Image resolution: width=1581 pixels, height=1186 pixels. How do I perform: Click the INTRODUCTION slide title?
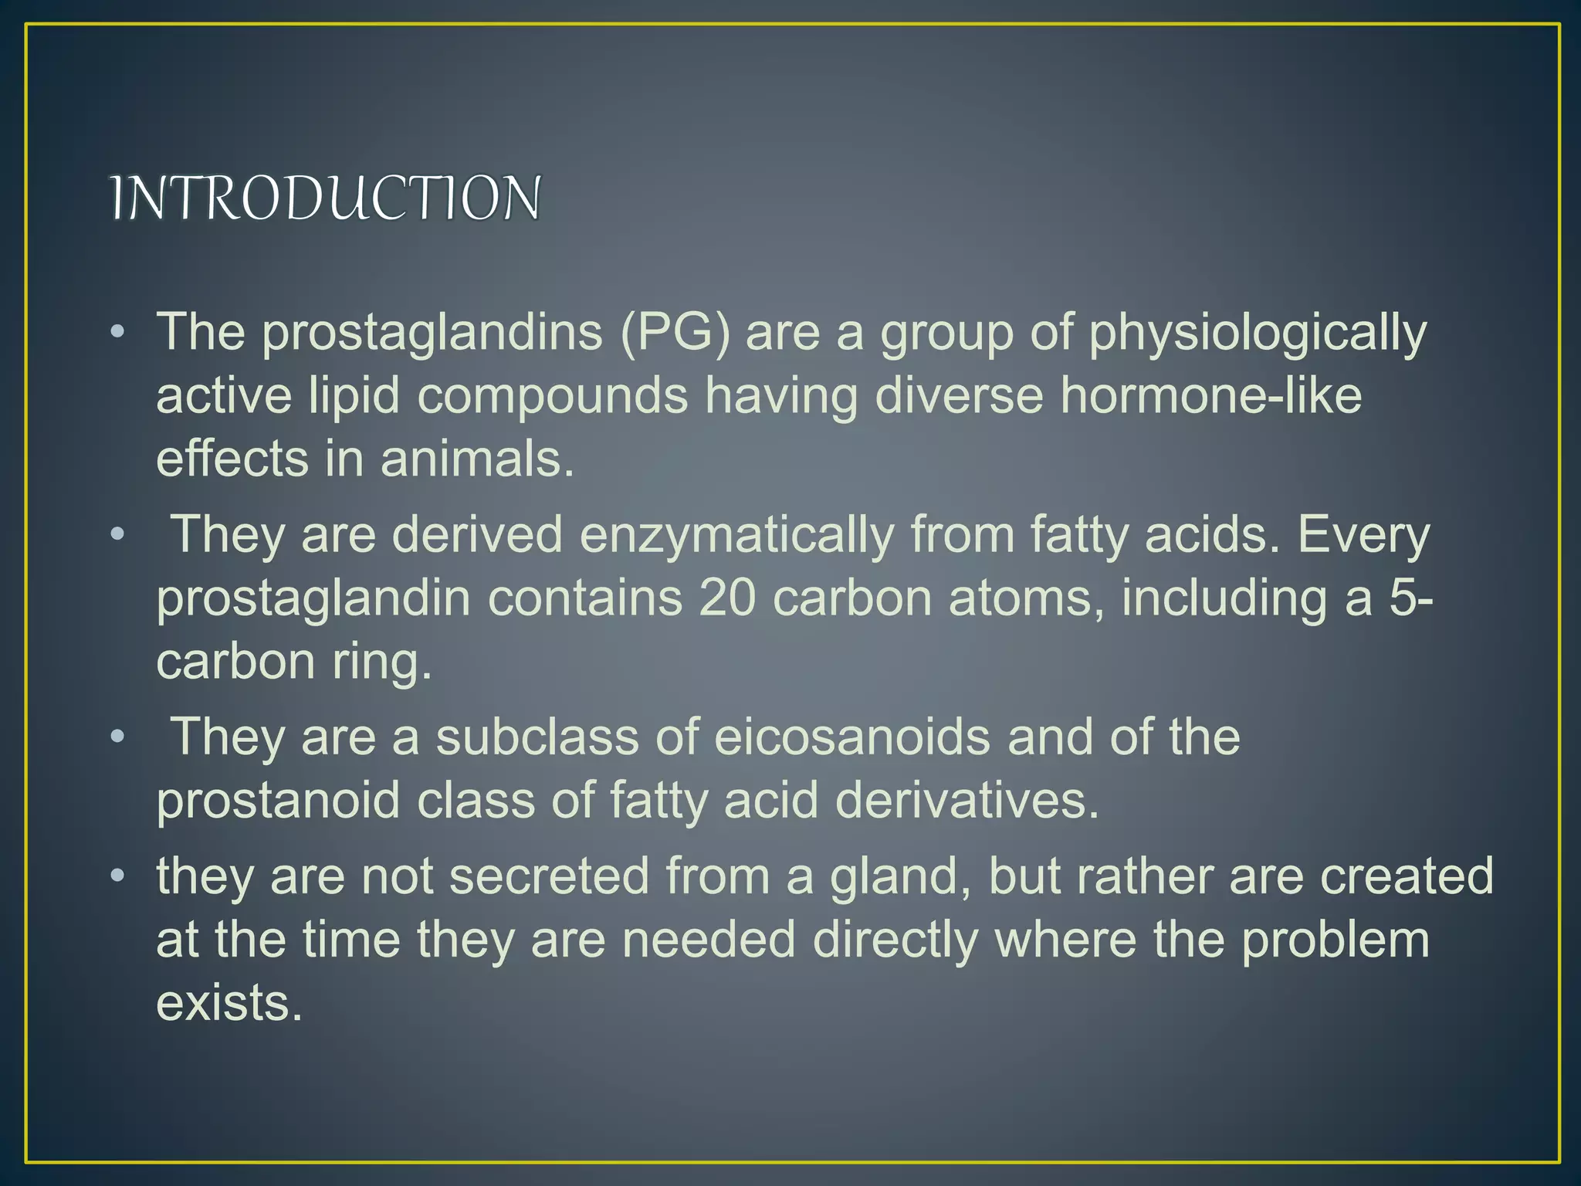[325, 198]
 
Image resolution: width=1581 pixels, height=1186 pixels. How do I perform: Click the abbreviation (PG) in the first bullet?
[675, 333]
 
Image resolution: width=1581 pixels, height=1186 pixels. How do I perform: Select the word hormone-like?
[1210, 396]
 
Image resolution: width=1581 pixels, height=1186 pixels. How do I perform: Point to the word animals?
[477, 459]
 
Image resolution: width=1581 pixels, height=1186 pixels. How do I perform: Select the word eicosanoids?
[851, 737]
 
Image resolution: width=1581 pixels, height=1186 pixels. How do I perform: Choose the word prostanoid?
[278, 800]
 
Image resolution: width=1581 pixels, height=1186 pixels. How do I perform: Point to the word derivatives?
[967, 800]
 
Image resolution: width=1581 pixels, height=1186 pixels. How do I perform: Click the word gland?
[900, 878]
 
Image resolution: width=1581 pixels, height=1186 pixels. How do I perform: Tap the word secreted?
[549, 876]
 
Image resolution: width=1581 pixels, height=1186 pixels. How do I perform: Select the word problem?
[1335, 941]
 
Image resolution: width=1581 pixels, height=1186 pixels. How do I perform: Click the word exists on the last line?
[229, 1003]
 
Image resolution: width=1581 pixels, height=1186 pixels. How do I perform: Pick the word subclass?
[537, 737]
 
